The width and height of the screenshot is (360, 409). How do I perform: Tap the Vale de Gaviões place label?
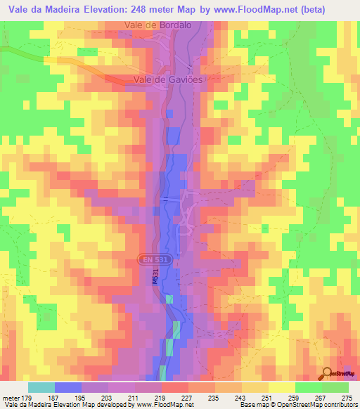(x=165, y=80)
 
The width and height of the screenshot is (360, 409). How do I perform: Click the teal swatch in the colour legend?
(x=41, y=387)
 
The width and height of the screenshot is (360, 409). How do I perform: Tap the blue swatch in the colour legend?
(x=67, y=387)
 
